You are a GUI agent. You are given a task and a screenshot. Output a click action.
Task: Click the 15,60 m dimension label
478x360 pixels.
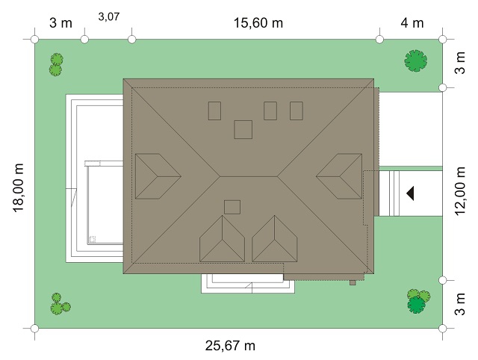click(258, 23)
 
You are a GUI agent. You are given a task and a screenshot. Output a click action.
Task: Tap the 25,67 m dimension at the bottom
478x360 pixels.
click(230, 346)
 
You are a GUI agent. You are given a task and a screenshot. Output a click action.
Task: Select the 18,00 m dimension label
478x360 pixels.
click(18, 187)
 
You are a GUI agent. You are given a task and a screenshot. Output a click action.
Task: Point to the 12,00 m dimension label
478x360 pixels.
click(460, 191)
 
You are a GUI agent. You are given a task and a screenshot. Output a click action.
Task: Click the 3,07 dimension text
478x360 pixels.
click(109, 16)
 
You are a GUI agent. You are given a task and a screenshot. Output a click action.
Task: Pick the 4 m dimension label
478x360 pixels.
click(412, 23)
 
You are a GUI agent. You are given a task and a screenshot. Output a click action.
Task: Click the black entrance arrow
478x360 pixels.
click(410, 193)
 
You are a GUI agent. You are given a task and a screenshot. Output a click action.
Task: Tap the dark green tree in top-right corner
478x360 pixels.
click(415, 60)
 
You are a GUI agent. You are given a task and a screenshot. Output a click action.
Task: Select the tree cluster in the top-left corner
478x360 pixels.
click(56, 64)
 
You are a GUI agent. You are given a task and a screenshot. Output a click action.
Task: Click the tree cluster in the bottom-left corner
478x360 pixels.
click(60, 304)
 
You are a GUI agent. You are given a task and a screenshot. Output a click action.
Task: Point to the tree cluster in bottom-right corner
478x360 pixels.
click(418, 301)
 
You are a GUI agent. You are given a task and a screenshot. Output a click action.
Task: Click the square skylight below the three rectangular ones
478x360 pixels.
click(243, 129)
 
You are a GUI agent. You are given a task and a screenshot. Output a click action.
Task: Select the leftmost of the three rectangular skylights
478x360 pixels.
click(214, 111)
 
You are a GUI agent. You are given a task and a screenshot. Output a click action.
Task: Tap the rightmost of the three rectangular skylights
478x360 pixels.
click(297, 111)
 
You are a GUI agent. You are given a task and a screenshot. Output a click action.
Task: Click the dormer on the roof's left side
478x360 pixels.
click(158, 176)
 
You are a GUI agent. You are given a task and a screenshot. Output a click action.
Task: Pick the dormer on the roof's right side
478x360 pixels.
click(339, 176)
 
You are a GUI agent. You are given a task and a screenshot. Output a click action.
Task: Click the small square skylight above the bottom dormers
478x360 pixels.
click(232, 208)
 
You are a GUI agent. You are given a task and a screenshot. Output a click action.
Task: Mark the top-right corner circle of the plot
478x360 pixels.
click(443, 40)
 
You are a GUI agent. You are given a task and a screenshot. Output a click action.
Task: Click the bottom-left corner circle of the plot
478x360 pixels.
click(35, 329)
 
